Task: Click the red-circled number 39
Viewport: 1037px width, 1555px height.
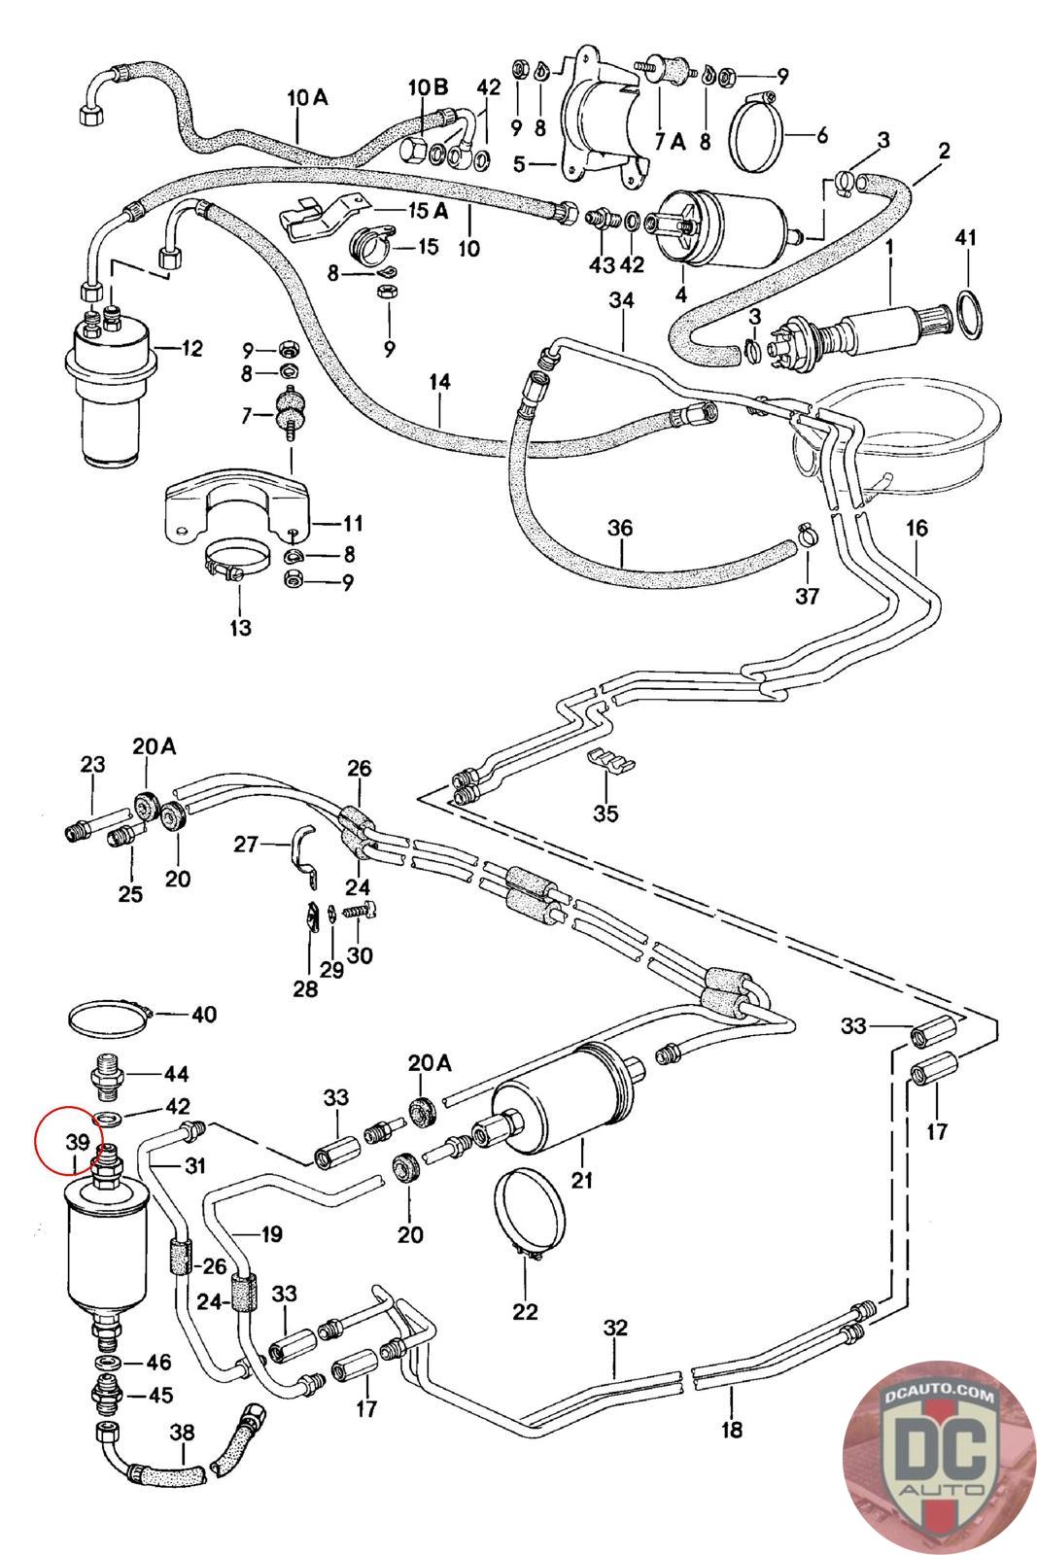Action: click(x=78, y=1142)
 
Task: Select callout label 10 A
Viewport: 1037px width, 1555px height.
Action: click(x=308, y=97)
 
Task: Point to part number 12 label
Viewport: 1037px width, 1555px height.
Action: click(x=191, y=347)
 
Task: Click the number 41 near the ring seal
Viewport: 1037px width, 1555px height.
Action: click(x=965, y=238)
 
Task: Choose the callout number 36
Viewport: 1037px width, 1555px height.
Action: click(x=620, y=529)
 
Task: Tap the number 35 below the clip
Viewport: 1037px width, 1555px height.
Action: click(x=605, y=812)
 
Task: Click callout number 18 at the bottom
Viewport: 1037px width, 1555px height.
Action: click(x=732, y=1429)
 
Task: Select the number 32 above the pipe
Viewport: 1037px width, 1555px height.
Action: click(x=615, y=1329)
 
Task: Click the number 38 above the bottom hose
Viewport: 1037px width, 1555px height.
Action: click(x=182, y=1432)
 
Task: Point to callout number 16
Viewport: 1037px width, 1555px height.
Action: click(x=916, y=529)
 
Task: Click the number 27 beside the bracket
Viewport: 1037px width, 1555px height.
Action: click(x=246, y=845)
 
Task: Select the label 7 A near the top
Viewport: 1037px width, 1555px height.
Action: click(x=670, y=141)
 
